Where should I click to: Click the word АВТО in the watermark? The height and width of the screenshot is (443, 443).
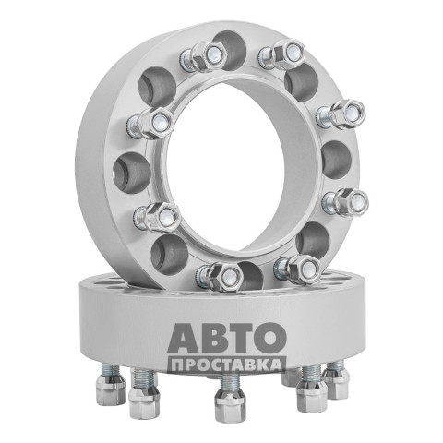(x=227, y=338)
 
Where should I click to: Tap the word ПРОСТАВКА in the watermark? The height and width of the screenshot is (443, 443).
(x=227, y=365)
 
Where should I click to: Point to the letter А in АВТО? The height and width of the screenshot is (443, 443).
(x=183, y=338)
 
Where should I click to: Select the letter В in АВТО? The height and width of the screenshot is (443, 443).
(x=214, y=338)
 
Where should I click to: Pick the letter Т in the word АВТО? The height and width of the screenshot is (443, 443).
(x=241, y=338)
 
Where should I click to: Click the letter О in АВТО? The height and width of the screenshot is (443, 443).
(x=270, y=338)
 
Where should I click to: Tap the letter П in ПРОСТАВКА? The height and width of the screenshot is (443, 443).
(x=177, y=365)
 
